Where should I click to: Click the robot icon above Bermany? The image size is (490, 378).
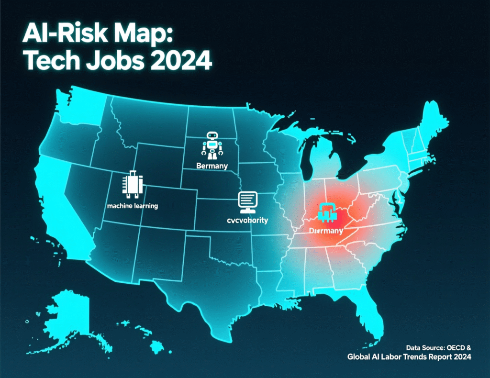pyautogui.click(x=212, y=145)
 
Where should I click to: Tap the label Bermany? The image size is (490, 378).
pyautogui.click(x=212, y=166)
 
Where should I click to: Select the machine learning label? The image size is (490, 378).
pyautogui.click(x=133, y=206)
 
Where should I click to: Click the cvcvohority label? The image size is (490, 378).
pyautogui.click(x=247, y=221)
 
